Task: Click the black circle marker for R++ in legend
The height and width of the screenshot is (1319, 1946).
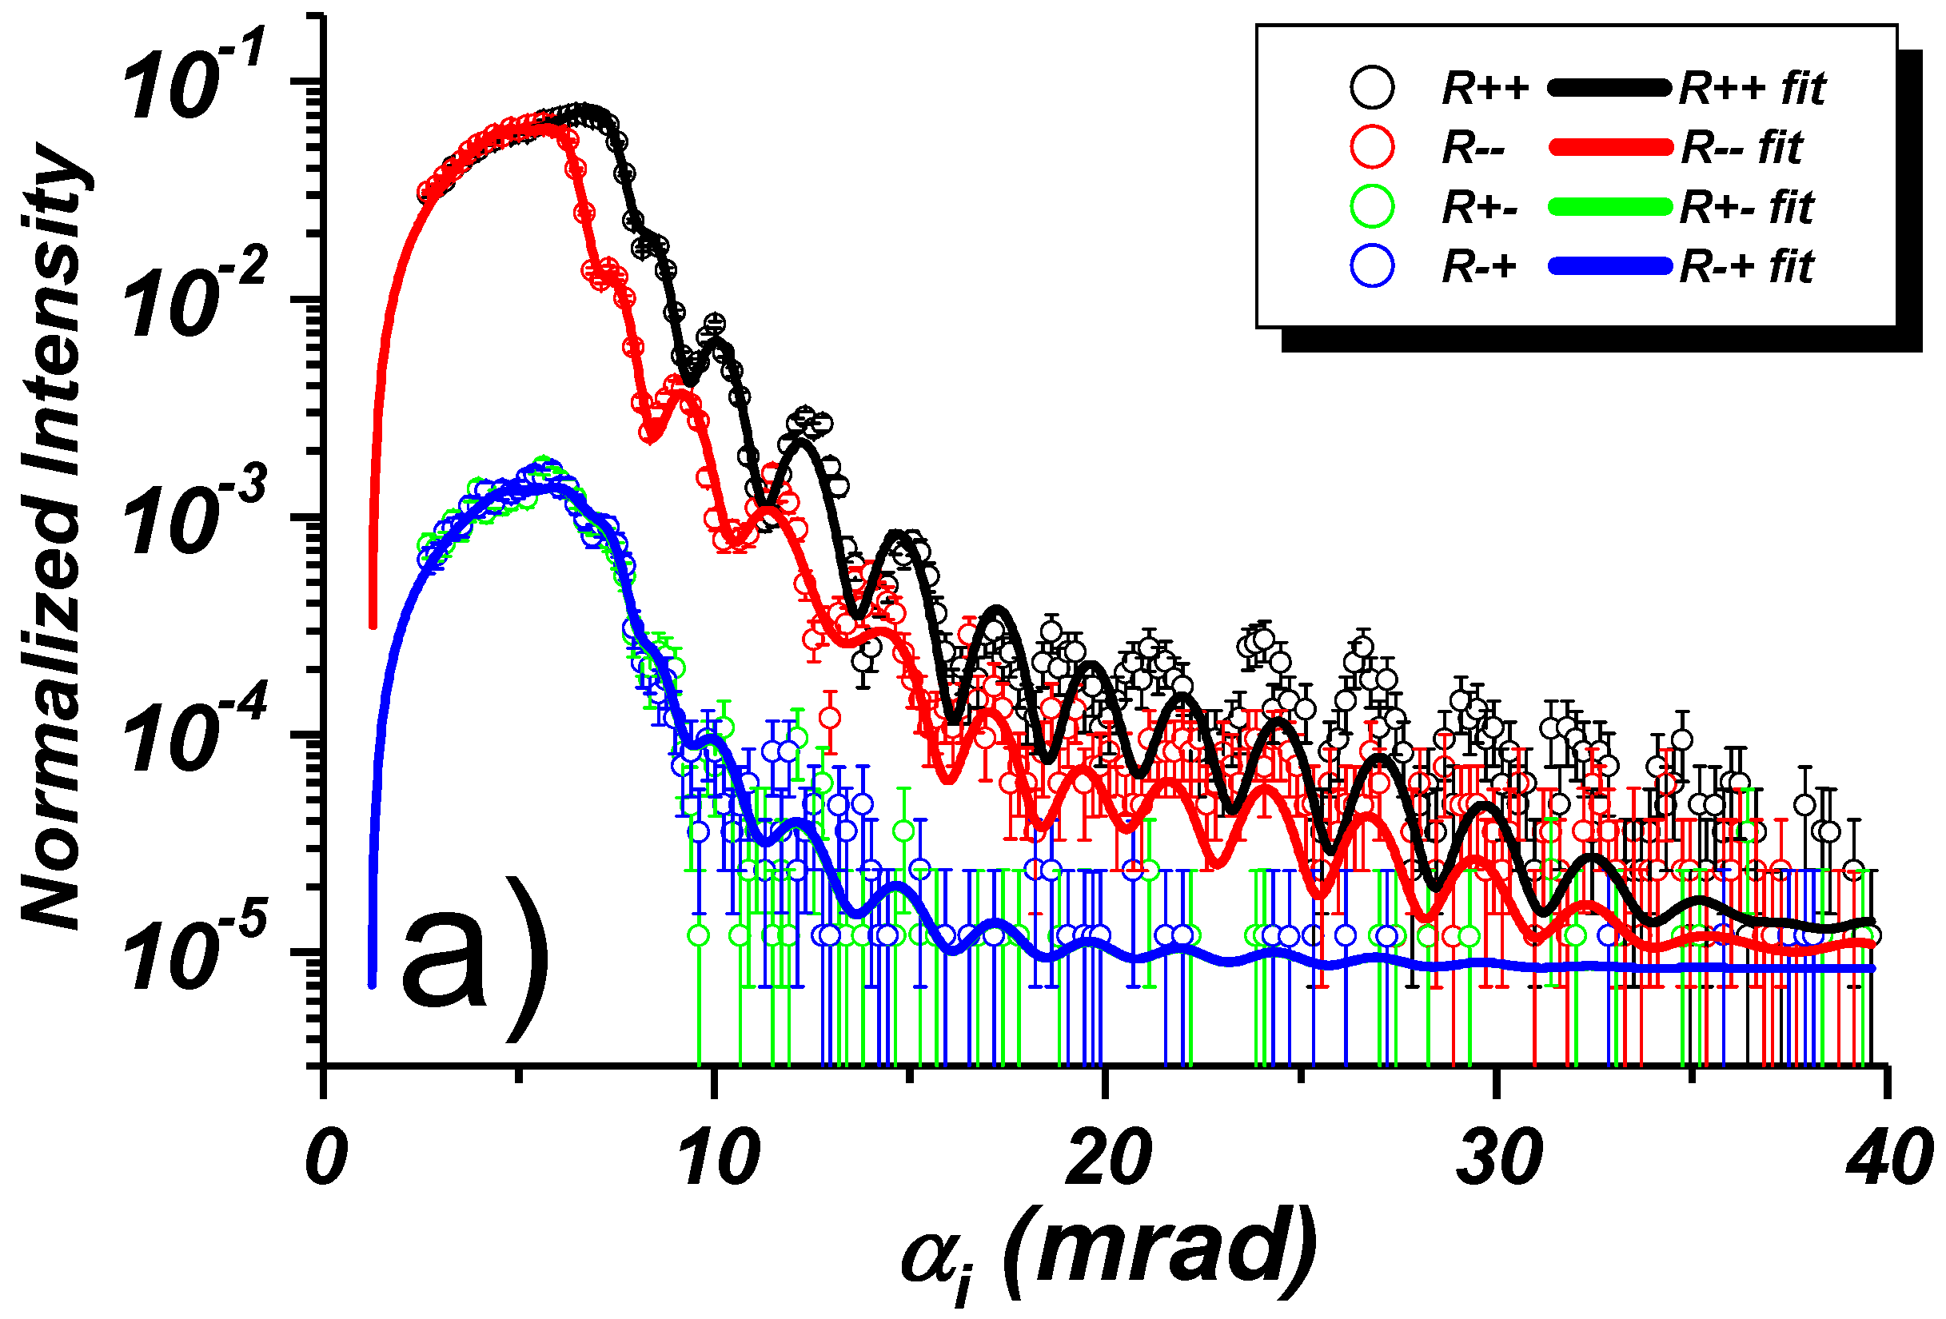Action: tap(1372, 87)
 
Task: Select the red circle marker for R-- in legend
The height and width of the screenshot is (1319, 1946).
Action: tap(1372, 146)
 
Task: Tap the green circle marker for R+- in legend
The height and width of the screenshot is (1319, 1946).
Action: tap(1372, 206)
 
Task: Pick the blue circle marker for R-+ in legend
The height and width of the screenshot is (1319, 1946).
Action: tap(1372, 266)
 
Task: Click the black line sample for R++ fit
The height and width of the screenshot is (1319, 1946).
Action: tap(1608, 88)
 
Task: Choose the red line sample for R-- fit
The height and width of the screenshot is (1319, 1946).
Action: tap(1608, 147)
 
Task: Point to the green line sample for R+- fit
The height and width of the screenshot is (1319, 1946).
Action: tap(1608, 207)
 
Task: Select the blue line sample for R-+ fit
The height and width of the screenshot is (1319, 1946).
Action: tap(1608, 267)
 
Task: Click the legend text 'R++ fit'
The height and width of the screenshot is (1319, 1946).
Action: tap(1752, 88)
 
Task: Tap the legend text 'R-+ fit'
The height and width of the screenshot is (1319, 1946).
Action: tap(1747, 267)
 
